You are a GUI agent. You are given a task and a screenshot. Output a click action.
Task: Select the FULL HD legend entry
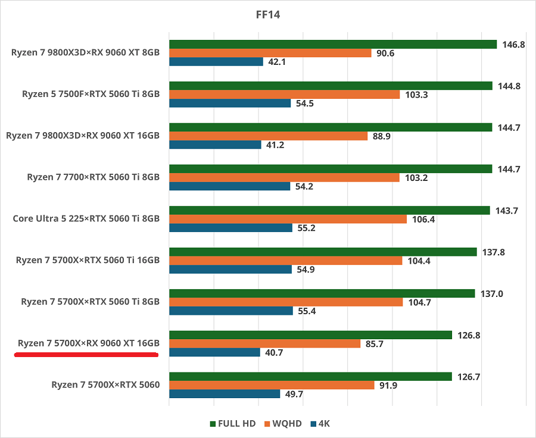tap(233, 424)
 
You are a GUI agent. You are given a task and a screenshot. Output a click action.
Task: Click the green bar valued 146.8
tap(333, 44)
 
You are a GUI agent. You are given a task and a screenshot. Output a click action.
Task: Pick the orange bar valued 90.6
tap(270, 53)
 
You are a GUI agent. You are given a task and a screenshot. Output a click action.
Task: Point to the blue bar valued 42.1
tap(216, 62)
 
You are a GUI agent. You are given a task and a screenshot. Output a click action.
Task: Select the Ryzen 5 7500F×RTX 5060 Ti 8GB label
tap(91, 93)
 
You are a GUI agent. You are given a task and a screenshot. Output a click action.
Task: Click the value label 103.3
tap(417, 95)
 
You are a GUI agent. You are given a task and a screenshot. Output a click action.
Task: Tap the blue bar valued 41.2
tap(215, 145)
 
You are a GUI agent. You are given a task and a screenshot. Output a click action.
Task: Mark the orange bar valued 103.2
tap(285, 177)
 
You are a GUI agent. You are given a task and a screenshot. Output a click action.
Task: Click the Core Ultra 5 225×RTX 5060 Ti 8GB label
tap(86, 218)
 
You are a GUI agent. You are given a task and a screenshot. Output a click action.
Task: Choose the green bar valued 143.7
tap(329, 210)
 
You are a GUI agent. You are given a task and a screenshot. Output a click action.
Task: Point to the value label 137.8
tap(493, 252)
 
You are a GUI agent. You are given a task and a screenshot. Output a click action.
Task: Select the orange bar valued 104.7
tap(286, 302)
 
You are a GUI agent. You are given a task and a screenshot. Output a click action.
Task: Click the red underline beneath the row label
tap(86, 355)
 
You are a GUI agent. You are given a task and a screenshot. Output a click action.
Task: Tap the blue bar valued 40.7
tap(214, 352)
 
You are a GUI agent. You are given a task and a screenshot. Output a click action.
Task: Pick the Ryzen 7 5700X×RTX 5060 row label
tap(105, 384)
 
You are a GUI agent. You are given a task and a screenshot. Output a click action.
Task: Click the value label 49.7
tap(296, 394)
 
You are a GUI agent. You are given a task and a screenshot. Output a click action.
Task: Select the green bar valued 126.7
tap(310, 376)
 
